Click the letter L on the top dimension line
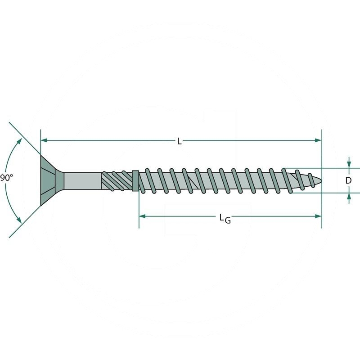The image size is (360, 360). [x=179, y=141]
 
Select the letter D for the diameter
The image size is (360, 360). [x=348, y=180]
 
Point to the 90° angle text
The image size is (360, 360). [x=6, y=178]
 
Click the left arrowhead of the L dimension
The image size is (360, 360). [x=44, y=141]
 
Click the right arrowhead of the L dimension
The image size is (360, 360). [x=318, y=141]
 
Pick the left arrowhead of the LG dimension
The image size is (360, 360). [x=142, y=216]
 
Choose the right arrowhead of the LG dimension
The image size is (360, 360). [x=318, y=216]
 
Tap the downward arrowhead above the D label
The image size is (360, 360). [x=348, y=164]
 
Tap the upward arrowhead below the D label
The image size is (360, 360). [x=348, y=197]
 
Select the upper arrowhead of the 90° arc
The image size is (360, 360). [x=19, y=141]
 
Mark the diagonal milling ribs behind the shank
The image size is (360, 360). [x=116, y=181]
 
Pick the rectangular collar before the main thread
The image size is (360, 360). [x=135, y=181]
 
